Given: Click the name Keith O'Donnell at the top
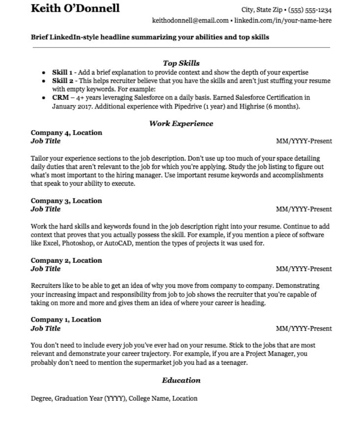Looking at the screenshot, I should [x=75, y=8].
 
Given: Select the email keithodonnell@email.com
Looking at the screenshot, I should [x=191, y=21].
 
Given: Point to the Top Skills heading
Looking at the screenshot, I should [x=181, y=63].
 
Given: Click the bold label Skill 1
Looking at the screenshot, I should [x=62, y=72].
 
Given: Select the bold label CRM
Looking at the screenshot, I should [x=60, y=97].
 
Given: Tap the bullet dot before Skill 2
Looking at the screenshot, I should [x=44, y=81].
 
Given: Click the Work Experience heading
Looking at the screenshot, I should [x=181, y=123].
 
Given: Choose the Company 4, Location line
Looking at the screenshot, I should [x=66, y=133].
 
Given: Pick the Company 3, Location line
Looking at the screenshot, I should [x=66, y=200].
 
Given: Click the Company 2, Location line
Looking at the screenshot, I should [x=66, y=260].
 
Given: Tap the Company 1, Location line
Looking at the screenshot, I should [x=66, y=319].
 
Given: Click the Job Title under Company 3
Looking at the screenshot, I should [x=46, y=209].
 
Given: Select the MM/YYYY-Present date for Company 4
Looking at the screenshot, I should [x=304, y=141].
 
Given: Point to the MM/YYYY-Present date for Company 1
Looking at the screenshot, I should [x=304, y=329].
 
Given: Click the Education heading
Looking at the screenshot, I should [x=181, y=380].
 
